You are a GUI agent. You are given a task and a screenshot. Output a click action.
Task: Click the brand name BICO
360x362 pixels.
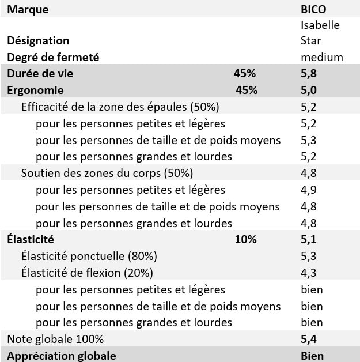313,9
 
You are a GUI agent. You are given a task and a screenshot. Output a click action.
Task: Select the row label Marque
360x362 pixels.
28,9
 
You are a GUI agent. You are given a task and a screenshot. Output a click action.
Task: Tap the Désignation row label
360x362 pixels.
38,40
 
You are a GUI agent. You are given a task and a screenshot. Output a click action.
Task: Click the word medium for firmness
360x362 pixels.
322,57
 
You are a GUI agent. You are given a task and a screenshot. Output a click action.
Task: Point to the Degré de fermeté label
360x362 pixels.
53,57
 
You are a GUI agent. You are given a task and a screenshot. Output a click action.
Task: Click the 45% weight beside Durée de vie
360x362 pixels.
245,73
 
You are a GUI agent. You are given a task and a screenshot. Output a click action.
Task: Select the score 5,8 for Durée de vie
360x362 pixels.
309,73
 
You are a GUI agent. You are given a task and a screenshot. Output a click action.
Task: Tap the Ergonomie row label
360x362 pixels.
35,90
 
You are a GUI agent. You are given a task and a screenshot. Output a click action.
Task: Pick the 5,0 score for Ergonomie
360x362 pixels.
309,90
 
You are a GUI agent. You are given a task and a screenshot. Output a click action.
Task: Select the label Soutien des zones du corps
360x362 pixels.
107,173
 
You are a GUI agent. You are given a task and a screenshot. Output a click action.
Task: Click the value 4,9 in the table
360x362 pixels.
309,190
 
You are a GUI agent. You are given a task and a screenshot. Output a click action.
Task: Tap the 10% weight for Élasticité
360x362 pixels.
245,239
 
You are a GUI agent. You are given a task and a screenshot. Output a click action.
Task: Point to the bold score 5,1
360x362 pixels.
309,239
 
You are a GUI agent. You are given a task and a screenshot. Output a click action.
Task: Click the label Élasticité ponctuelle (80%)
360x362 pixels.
89,256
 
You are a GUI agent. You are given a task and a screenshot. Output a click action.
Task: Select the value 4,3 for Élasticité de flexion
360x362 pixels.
309,272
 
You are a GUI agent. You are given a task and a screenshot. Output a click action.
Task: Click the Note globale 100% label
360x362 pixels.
55,338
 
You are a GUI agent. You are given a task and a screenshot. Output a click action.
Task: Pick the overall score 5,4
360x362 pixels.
309,338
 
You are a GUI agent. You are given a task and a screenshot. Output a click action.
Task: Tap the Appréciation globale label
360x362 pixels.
62,355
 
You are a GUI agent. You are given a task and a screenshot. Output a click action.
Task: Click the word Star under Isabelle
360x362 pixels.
311,41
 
